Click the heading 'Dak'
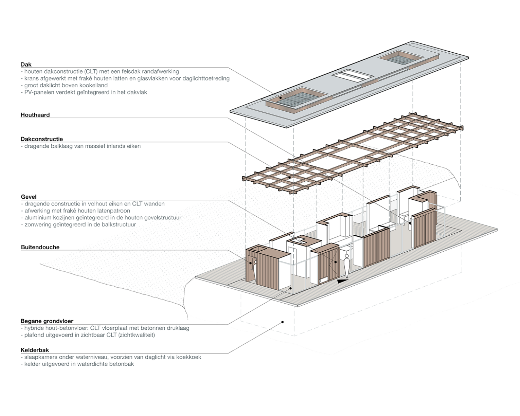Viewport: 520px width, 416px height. point(26,64)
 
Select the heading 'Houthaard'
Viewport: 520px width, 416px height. point(35,115)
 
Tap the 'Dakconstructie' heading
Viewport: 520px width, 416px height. point(42,139)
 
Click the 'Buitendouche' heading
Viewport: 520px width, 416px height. point(40,247)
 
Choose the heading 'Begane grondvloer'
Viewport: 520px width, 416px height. point(47,321)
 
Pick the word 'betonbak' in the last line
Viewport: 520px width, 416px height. point(121,364)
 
